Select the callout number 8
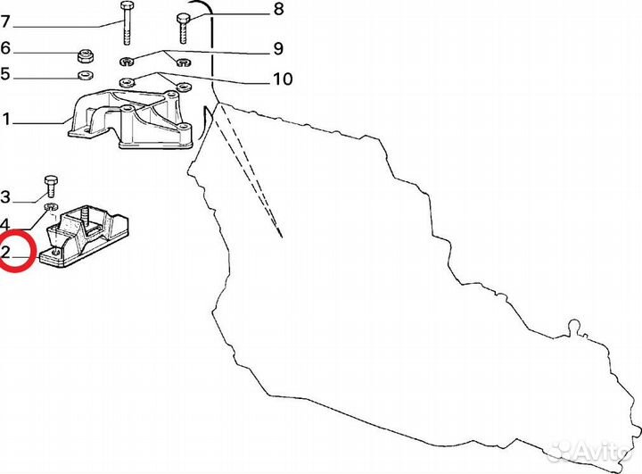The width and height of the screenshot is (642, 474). (277, 10)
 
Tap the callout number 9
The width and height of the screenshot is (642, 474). (277, 47)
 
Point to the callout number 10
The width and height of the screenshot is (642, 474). (282, 79)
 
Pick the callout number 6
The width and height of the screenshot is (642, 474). (5, 48)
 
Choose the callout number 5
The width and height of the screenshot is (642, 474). (5, 74)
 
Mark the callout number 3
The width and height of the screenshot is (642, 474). (5, 196)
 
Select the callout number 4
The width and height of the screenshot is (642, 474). (5, 223)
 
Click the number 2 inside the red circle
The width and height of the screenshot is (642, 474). (6, 253)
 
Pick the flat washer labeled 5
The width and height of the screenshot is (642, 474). (86, 75)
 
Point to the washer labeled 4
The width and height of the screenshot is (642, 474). (52, 211)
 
